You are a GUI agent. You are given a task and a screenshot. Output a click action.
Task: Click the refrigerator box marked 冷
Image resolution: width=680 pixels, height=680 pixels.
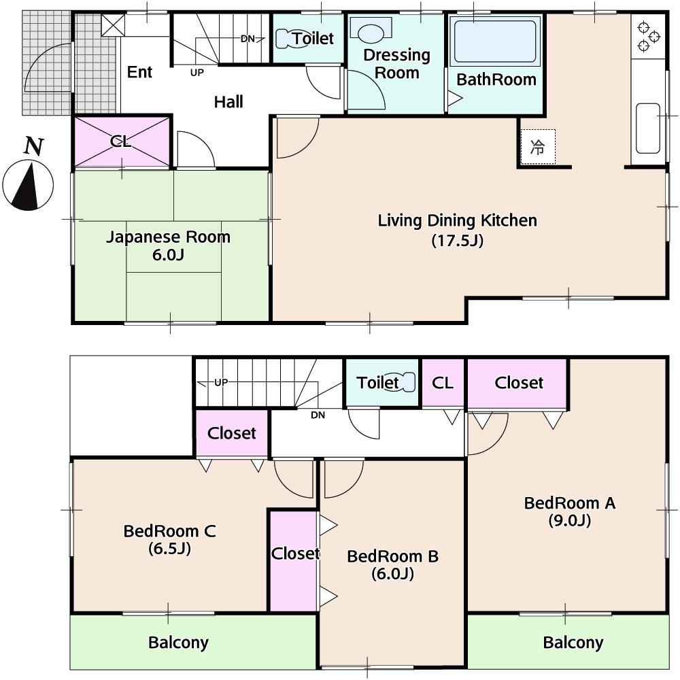point(538,146)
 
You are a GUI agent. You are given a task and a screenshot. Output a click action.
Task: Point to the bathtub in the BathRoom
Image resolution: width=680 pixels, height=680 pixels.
point(494,43)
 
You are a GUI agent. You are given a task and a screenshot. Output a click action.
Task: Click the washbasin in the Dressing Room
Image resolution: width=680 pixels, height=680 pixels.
point(371,32)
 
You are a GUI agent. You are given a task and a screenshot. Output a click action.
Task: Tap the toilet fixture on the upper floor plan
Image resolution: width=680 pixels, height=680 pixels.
point(407,382)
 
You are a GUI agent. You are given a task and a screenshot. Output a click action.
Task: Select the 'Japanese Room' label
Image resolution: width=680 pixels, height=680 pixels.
point(168,237)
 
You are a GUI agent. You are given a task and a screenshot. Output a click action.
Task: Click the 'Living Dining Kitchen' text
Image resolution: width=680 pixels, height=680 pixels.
point(457,220)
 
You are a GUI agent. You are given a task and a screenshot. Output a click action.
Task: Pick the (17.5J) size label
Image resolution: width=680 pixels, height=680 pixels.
point(457,240)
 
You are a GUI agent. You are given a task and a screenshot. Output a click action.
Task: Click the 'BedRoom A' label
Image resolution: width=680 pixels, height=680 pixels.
point(569,503)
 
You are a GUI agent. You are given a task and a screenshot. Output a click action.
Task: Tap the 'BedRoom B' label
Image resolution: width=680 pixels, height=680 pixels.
point(392,556)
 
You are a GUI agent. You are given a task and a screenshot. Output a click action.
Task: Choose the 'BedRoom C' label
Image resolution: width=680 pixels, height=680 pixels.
point(169,531)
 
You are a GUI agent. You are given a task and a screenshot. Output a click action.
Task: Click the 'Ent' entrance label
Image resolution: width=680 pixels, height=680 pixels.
point(140,72)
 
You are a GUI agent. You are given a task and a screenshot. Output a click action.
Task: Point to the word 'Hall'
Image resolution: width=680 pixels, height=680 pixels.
point(228,102)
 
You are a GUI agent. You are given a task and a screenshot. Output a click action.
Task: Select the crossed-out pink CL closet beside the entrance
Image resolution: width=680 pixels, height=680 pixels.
point(121,141)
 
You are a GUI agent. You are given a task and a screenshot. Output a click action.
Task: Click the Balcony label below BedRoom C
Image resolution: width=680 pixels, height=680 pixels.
point(178,642)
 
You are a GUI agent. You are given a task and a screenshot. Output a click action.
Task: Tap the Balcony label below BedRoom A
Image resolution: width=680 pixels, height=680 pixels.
point(573,642)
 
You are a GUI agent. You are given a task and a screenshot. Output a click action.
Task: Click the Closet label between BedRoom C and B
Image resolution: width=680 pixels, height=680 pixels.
point(294,554)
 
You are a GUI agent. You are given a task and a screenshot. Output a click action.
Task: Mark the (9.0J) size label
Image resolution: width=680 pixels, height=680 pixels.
point(569,521)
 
